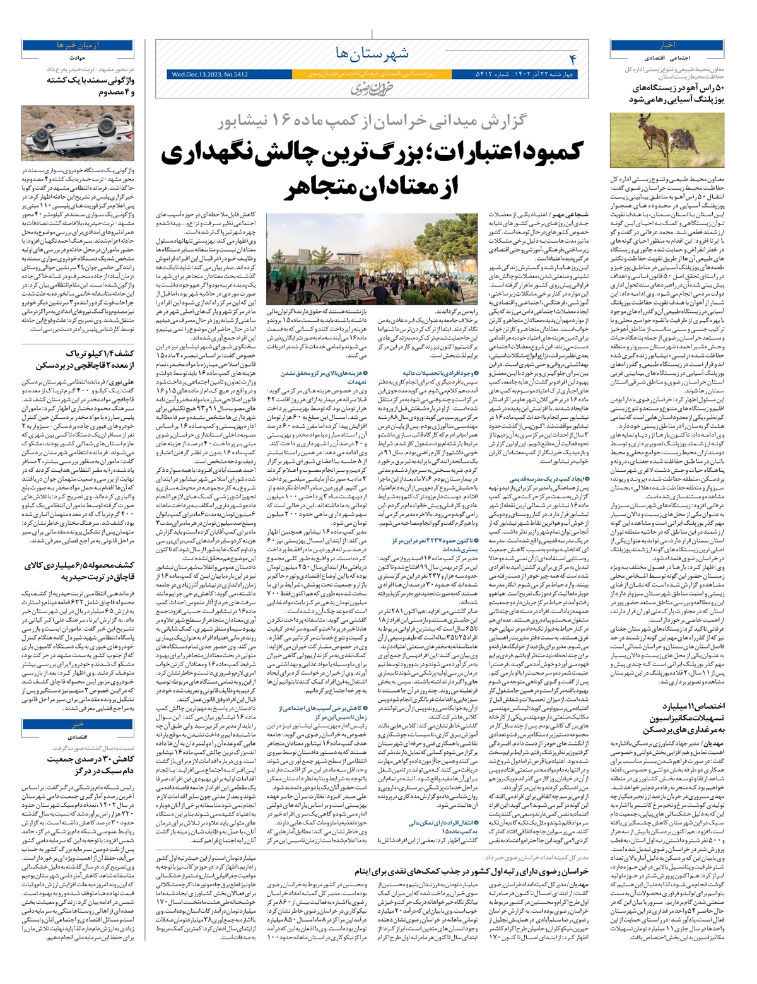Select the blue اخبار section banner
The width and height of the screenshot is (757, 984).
[667, 45]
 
